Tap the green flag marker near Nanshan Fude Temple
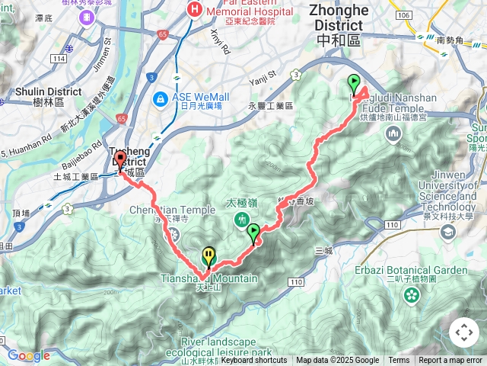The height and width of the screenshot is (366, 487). click(x=354, y=84)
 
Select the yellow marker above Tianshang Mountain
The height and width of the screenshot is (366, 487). click(x=208, y=255)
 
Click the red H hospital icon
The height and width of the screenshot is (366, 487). click(x=194, y=10)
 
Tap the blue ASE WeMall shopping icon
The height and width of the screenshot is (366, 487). click(x=161, y=98)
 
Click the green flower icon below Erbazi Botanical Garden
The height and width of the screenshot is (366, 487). click(x=412, y=294)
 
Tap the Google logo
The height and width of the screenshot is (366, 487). click(x=28, y=355)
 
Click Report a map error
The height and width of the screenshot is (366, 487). click(x=450, y=361)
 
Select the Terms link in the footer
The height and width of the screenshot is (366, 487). click(x=399, y=361)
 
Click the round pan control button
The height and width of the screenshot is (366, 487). click(x=464, y=332)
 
